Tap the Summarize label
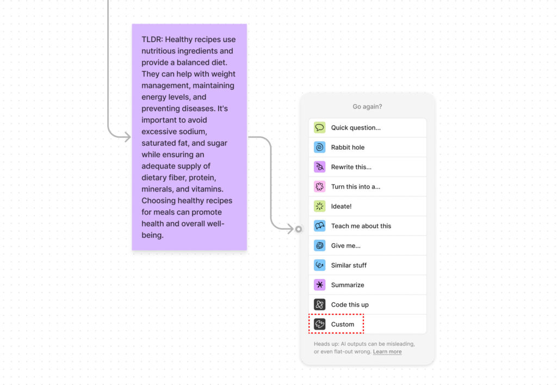pyautogui.click(x=348, y=285)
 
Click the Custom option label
pyautogui.click(x=343, y=324)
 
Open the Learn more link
pyautogui.click(x=387, y=352)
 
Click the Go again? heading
pyautogui.click(x=367, y=107)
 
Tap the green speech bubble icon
pyautogui.click(x=319, y=127)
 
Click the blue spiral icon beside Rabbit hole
pyautogui.click(x=319, y=147)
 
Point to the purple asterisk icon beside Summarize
pyautogui.click(x=319, y=285)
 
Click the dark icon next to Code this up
pyautogui.click(x=319, y=304)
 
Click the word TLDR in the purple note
pyautogui.click(x=152, y=39)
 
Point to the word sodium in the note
pyautogui.click(x=194, y=132)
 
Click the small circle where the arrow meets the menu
pyautogui.click(x=299, y=229)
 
